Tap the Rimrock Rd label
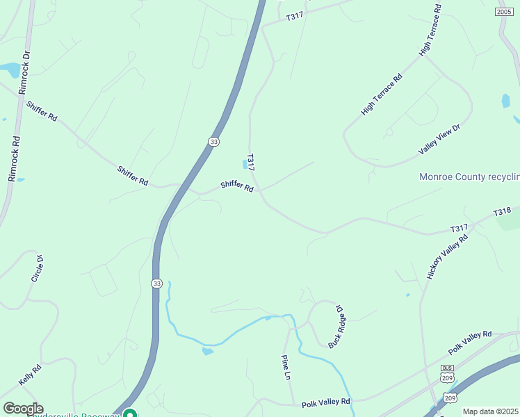pos(14,159)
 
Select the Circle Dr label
pos(38,268)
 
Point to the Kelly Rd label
pos(31,375)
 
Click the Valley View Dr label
pos(439,140)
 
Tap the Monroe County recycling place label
pos(469,177)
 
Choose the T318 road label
pos(502,212)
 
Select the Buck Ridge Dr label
pos(336,325)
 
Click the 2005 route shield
pos(505,12)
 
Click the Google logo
pos(23,409)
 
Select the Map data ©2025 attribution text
pos(490,411)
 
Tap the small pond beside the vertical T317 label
pos(244,164)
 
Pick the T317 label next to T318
pos(459,229)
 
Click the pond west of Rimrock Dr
pos(10,70)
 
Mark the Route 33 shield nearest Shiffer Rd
pos(213,141)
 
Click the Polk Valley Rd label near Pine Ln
pos(325,402)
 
